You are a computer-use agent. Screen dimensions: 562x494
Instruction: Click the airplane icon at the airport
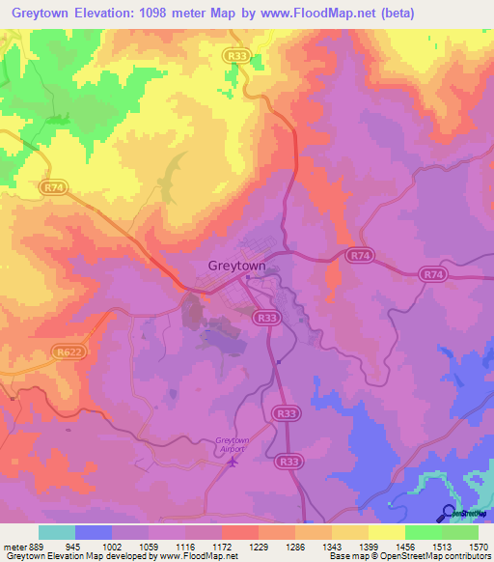coord(232,462)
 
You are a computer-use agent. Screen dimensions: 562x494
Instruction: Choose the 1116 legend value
coord(186,547)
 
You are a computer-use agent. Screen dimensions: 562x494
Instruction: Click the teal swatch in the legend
coord(57,532)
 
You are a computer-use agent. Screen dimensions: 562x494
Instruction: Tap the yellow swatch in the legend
coord(386,532)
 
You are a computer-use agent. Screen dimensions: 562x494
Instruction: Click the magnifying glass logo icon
coord(448,512)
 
